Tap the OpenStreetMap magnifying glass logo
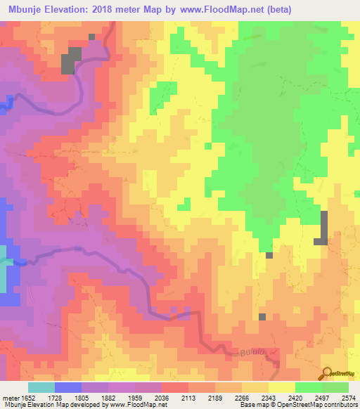tap(327, 373)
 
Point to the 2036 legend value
tap(160, 397)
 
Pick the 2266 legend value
tap(240, 397)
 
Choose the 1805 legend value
tap(81, 397)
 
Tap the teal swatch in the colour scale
tap(41, 387)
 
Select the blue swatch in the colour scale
tap(67, 387)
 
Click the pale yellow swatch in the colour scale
tap(281, 387)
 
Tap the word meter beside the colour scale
tap(12, 397)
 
